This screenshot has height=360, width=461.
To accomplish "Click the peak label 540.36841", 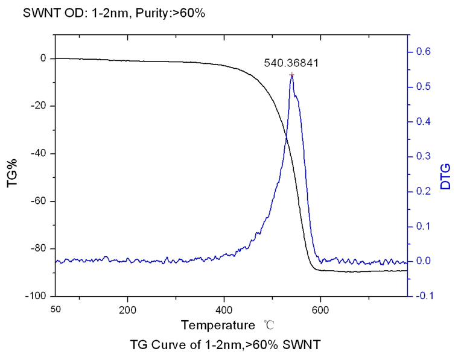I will click(x=291, y=62).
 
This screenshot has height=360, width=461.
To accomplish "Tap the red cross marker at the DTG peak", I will click(x=292, y=75).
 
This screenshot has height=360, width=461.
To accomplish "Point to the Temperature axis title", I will click(x=218, y=326).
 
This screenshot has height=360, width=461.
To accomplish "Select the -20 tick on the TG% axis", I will click(x=39, y=106).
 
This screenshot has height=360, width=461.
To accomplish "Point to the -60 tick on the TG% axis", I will click(x=39, y=201).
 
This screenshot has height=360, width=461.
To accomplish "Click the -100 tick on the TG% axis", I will click(x=36, y=296).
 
